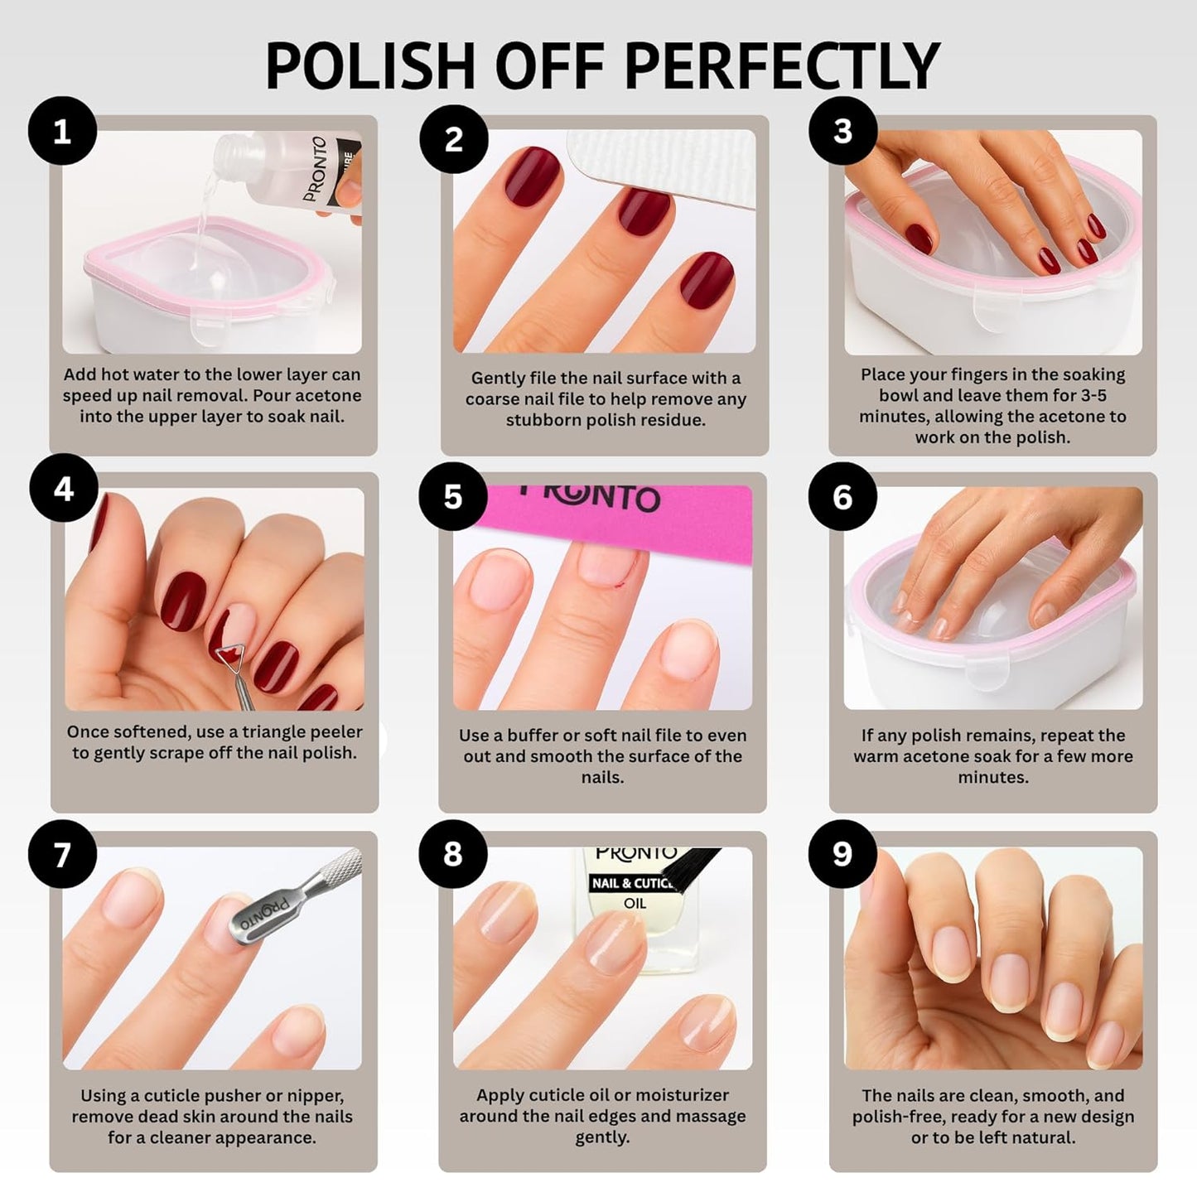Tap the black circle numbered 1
click(62, 132)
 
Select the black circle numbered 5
click(452, 497)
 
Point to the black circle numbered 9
click(842, 854)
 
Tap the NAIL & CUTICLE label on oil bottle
click(631, 883)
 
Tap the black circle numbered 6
click(842, 497)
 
